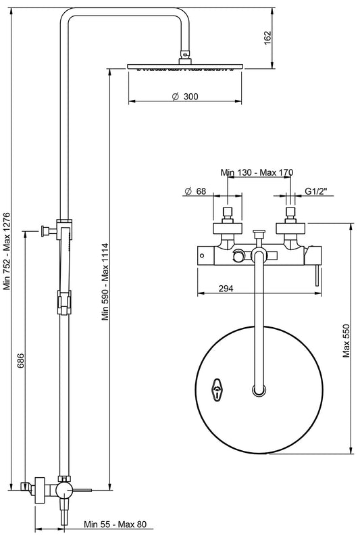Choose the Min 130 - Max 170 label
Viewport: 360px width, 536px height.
[x=257, y=173]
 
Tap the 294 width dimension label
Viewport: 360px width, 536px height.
[x=226, y=289]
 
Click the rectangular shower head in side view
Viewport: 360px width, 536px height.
[x=184, y=68]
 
